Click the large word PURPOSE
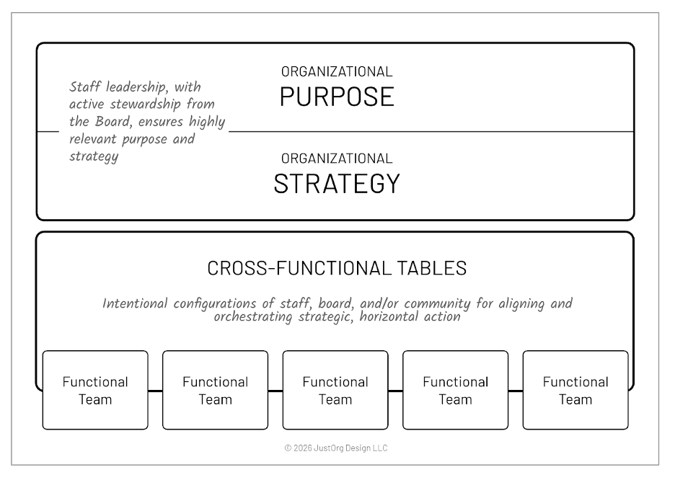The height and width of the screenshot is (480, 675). [337, 97]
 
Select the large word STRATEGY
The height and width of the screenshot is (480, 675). [337, 183]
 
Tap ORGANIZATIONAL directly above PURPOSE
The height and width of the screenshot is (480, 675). [337, 71]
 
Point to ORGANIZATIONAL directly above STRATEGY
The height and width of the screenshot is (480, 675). [337, 159]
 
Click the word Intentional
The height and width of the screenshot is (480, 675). [136, 303]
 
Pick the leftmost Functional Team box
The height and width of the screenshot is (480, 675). [95, 390]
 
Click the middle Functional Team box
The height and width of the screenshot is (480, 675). [335, 390]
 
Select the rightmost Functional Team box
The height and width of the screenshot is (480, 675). [575, 390]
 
